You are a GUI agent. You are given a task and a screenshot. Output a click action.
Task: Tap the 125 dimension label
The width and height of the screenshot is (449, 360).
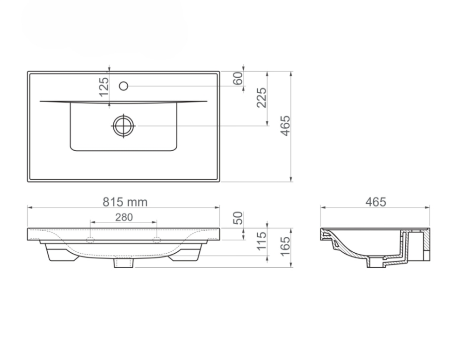click(104, 87)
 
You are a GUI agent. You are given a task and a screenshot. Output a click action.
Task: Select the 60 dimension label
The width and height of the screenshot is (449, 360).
click(238, 79)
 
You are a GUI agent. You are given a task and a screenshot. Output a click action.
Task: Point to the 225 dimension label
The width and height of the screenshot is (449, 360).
click(261, 98)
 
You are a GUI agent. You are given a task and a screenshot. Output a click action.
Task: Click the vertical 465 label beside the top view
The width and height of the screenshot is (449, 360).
click(285, 126)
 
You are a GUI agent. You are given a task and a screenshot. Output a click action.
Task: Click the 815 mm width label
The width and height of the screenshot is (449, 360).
click(125, 202)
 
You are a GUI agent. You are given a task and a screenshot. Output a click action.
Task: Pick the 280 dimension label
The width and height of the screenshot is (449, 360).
click(124, 217)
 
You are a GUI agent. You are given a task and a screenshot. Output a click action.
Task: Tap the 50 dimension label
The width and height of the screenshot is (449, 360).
click(238, 218)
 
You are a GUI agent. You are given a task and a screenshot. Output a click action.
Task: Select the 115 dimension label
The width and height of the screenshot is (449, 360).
click(261, 241)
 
